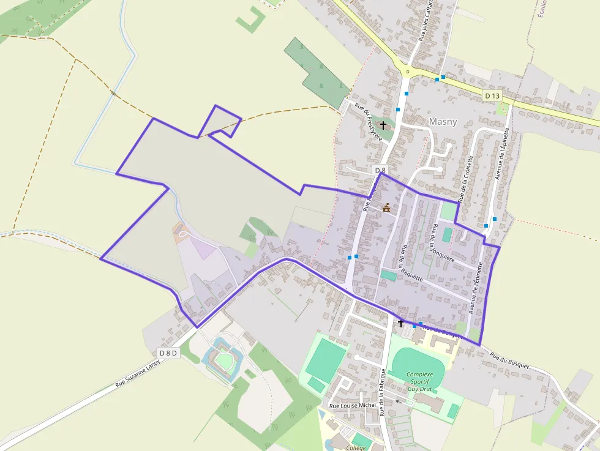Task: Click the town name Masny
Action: click(443, 121)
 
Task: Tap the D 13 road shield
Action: click(492, 95)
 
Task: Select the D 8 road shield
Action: click(380, 170)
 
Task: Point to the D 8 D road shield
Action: click(168, 352)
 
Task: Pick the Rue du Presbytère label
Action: click(368, 121)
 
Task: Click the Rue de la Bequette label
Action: click(411, 263)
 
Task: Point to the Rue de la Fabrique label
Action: click(383, 392)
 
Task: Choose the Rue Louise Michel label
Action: click(352, 406)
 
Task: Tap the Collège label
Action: click(356, 447)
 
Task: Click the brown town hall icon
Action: click(386, 208)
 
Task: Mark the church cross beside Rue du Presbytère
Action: click(383, 125)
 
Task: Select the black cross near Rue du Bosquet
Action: click(401, 322)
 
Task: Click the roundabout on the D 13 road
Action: click(407, 71)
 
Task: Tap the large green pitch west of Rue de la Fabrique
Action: click(326, 359)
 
